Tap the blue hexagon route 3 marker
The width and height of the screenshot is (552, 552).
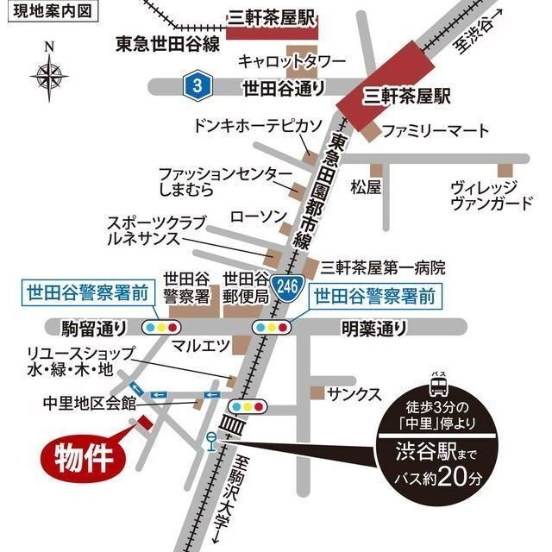coord(199,85)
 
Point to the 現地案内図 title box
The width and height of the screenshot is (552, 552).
coord(51,12)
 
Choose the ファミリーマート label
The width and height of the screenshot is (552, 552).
coord(436,131)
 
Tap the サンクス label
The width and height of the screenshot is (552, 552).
coord(354,393)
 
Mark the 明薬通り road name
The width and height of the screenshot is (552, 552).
coord(373,328)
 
